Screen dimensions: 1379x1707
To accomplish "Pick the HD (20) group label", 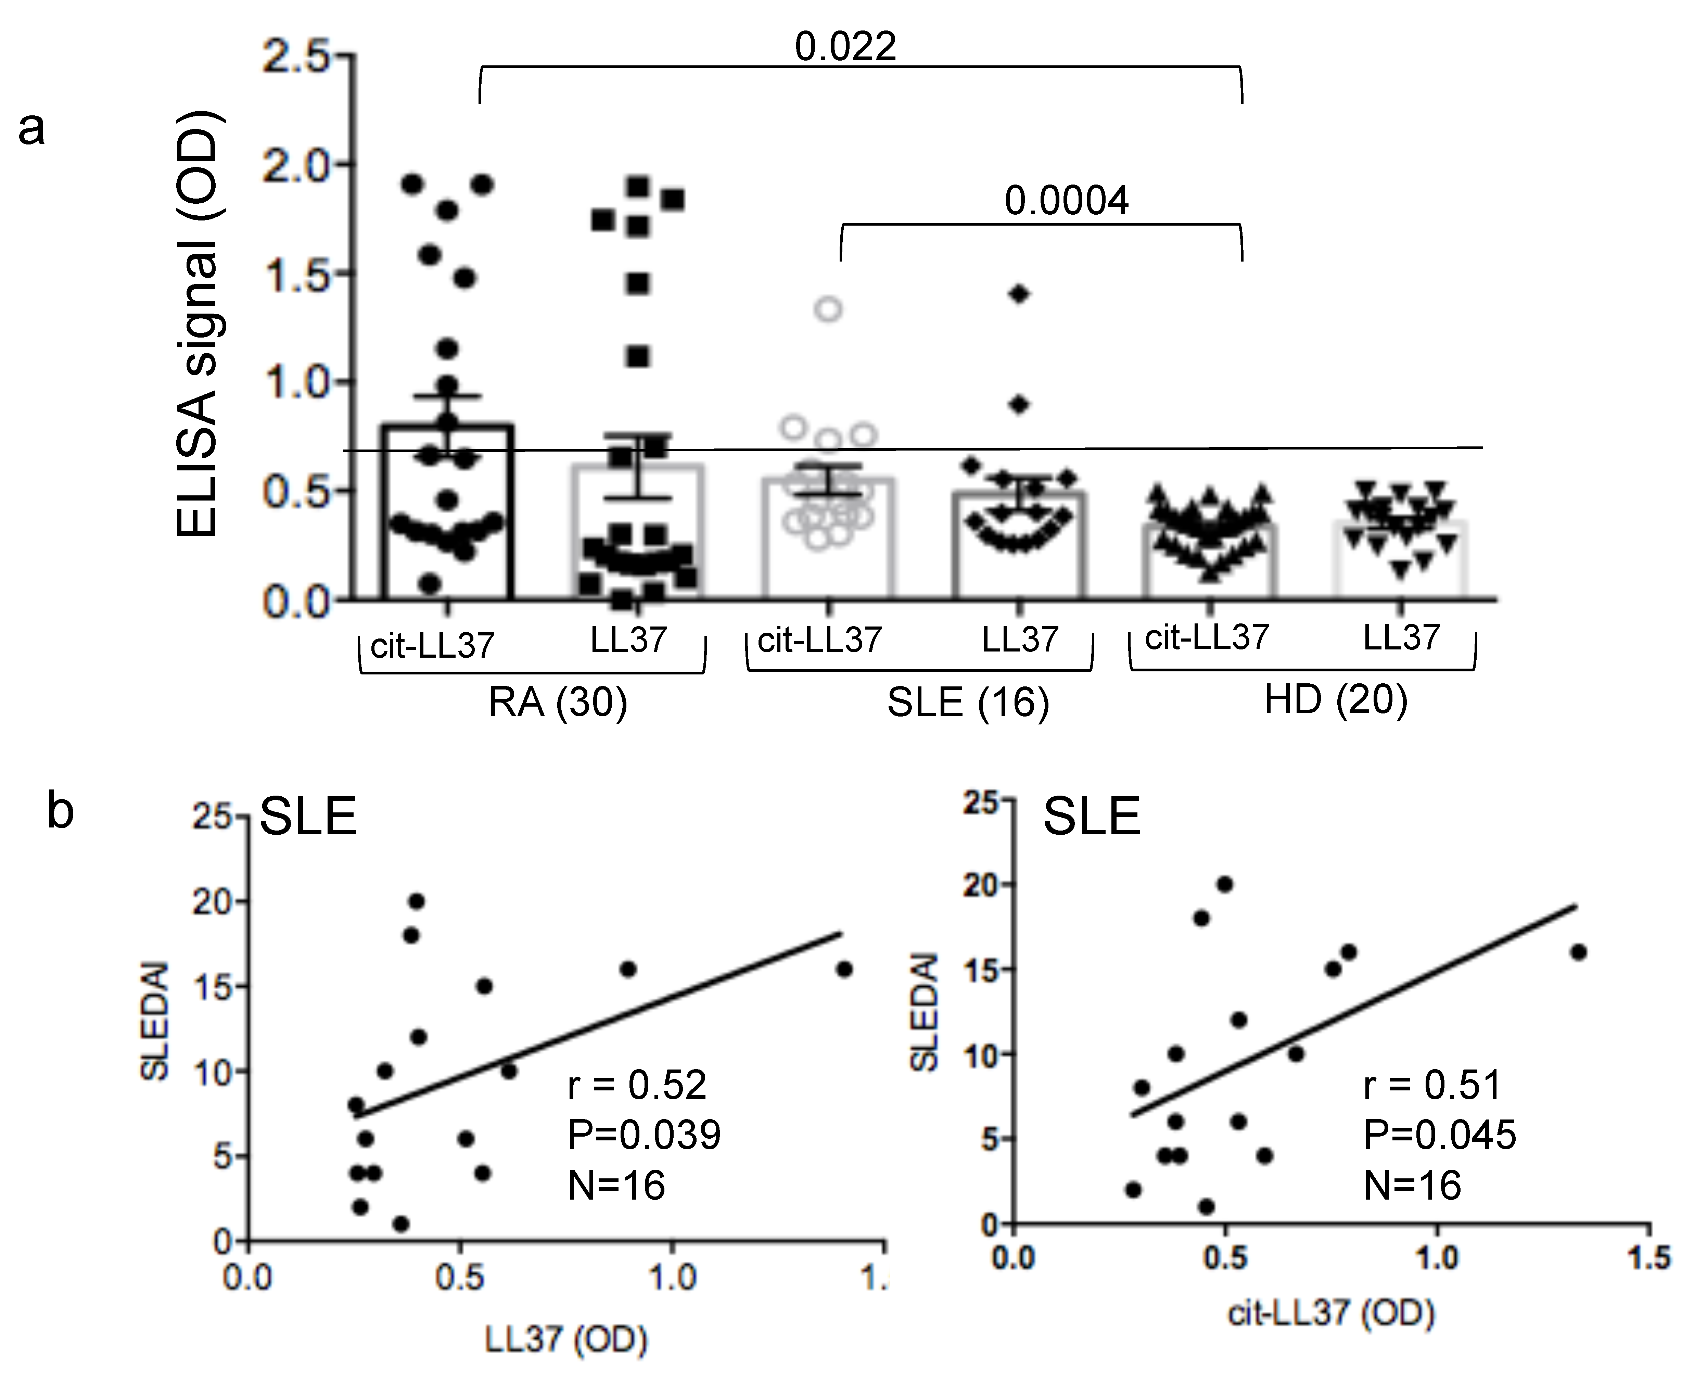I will pos(1335,699).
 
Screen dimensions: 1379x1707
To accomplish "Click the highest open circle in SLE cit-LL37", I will pos(828,309).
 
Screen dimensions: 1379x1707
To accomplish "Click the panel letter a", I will pos(32,129).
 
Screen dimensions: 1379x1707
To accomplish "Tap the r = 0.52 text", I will pos(637,1085).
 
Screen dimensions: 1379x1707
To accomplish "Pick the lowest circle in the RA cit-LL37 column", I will pos(430,584).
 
